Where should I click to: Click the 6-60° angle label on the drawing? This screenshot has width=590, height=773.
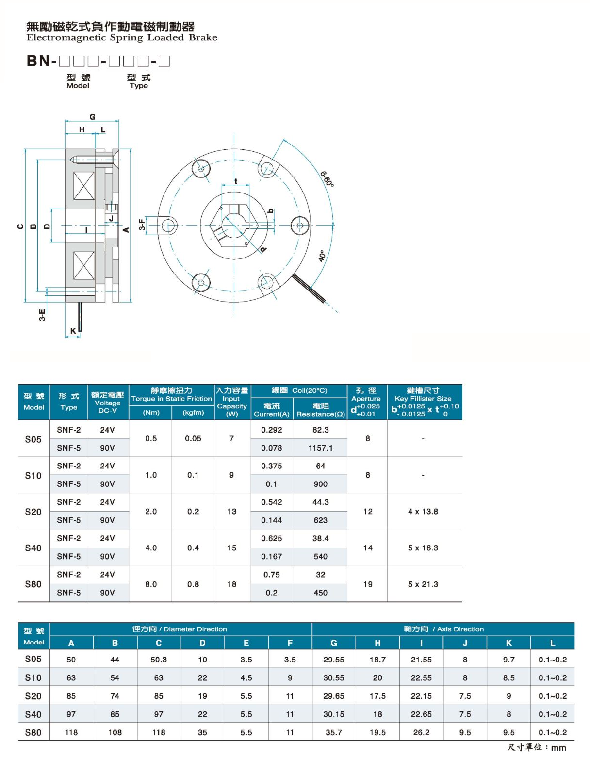(x=327, y=179)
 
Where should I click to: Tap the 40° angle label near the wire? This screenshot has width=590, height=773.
(x=322, y=256)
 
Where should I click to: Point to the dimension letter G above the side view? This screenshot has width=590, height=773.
(x=92, y=117)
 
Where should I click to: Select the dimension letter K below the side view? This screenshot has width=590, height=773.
(x=73, y=330)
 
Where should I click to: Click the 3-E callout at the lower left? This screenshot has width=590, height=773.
(x=42, y=314)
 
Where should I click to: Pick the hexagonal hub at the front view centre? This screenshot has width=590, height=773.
(x=234, y=225)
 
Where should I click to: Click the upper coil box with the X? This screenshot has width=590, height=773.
(x=83, y=186)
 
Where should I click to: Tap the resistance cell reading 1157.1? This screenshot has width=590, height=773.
(x=320, y=448)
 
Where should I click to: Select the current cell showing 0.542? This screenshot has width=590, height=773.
(x=272, y=502)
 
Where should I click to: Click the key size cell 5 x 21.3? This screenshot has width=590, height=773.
(x=423, y=584)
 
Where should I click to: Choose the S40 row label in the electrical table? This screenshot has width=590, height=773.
(x=33, y=548)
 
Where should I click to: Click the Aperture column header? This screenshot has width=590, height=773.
(x=366, y=399)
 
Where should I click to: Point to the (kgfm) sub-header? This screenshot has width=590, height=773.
(x=193, y=412)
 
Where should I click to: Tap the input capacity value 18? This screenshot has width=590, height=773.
(x=231, y=584)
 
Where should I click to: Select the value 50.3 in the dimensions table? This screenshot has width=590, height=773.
(x=159, y=660)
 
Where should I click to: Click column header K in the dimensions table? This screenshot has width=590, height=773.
(x=508, y=643)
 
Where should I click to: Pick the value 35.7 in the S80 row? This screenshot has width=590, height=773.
(x=333, y=732)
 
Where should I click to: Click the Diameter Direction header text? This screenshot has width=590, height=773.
(x=195, y=629)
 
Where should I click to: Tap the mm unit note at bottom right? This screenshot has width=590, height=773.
(x=558, y=748)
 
